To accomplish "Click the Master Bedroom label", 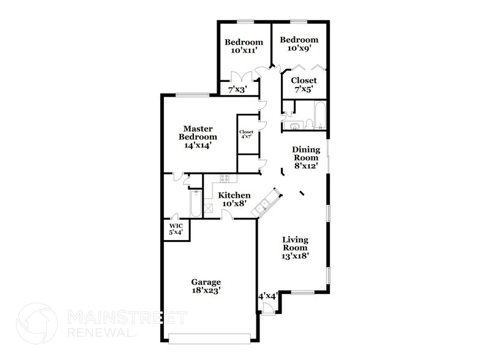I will click(x=198, y=137).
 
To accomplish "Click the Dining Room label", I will click(x=305, y=157).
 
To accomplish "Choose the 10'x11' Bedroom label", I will click(x=244, y=47).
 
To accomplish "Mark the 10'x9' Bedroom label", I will click(x=300, y=45).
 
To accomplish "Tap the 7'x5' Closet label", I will click(x=303, y=84).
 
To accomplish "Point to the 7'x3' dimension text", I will click(x=237, y=90).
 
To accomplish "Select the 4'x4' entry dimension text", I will click(x=268, y=296).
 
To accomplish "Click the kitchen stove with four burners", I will click(x=225, y=179).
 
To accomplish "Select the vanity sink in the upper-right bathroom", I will click(x=292, y=126).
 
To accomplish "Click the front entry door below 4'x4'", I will click(x=267, y=310).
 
